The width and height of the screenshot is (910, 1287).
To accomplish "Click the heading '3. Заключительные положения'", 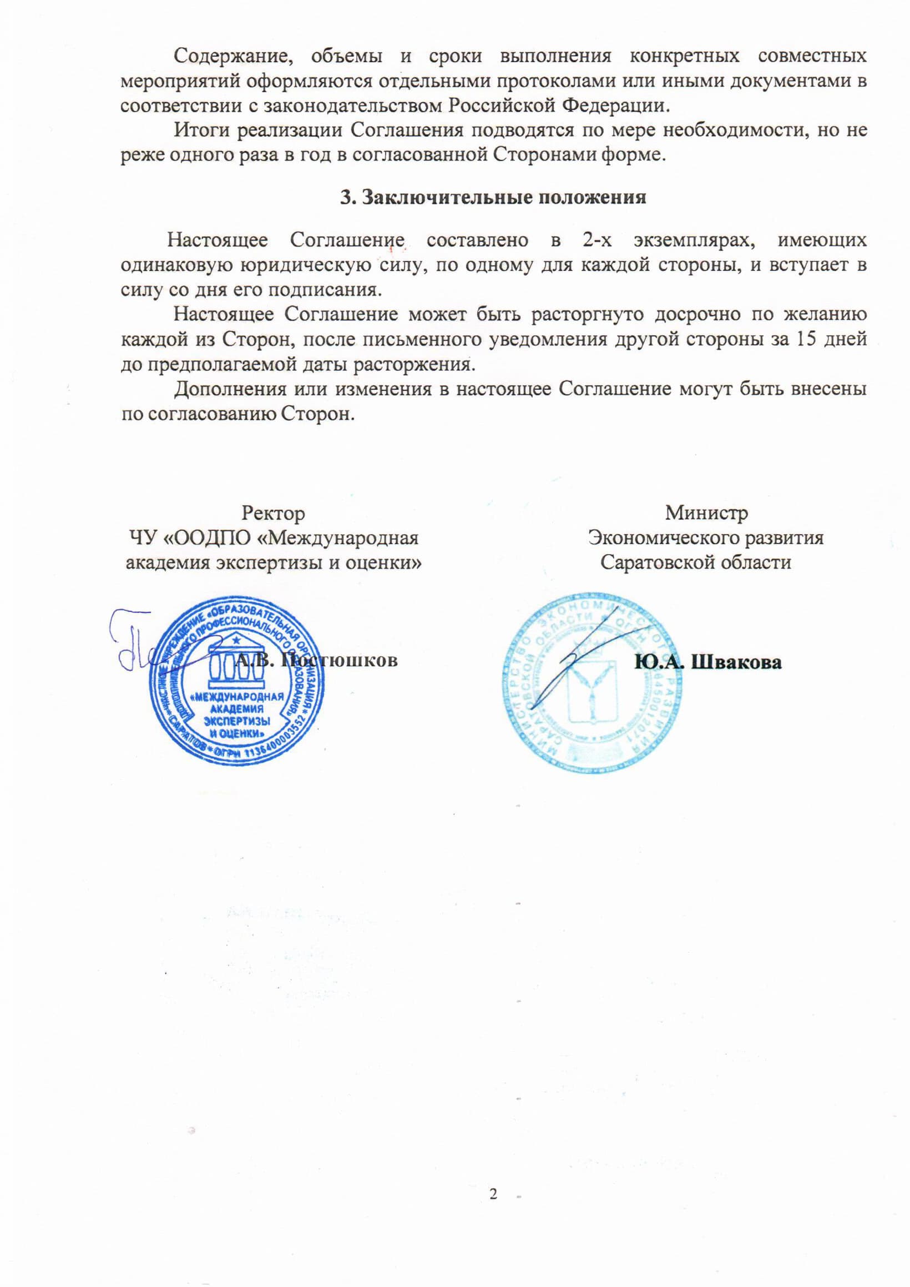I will [x=493, y=198].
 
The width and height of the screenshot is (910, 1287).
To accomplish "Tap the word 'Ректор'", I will [x=274, y=513].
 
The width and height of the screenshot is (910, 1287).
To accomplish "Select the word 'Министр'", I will [x=706, y=513].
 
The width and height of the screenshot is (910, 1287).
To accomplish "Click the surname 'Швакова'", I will [x=737, y=662].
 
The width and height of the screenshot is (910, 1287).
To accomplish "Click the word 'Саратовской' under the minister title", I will [x=651, y=562].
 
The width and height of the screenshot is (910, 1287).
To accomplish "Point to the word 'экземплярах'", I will [x=692, y=240].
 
